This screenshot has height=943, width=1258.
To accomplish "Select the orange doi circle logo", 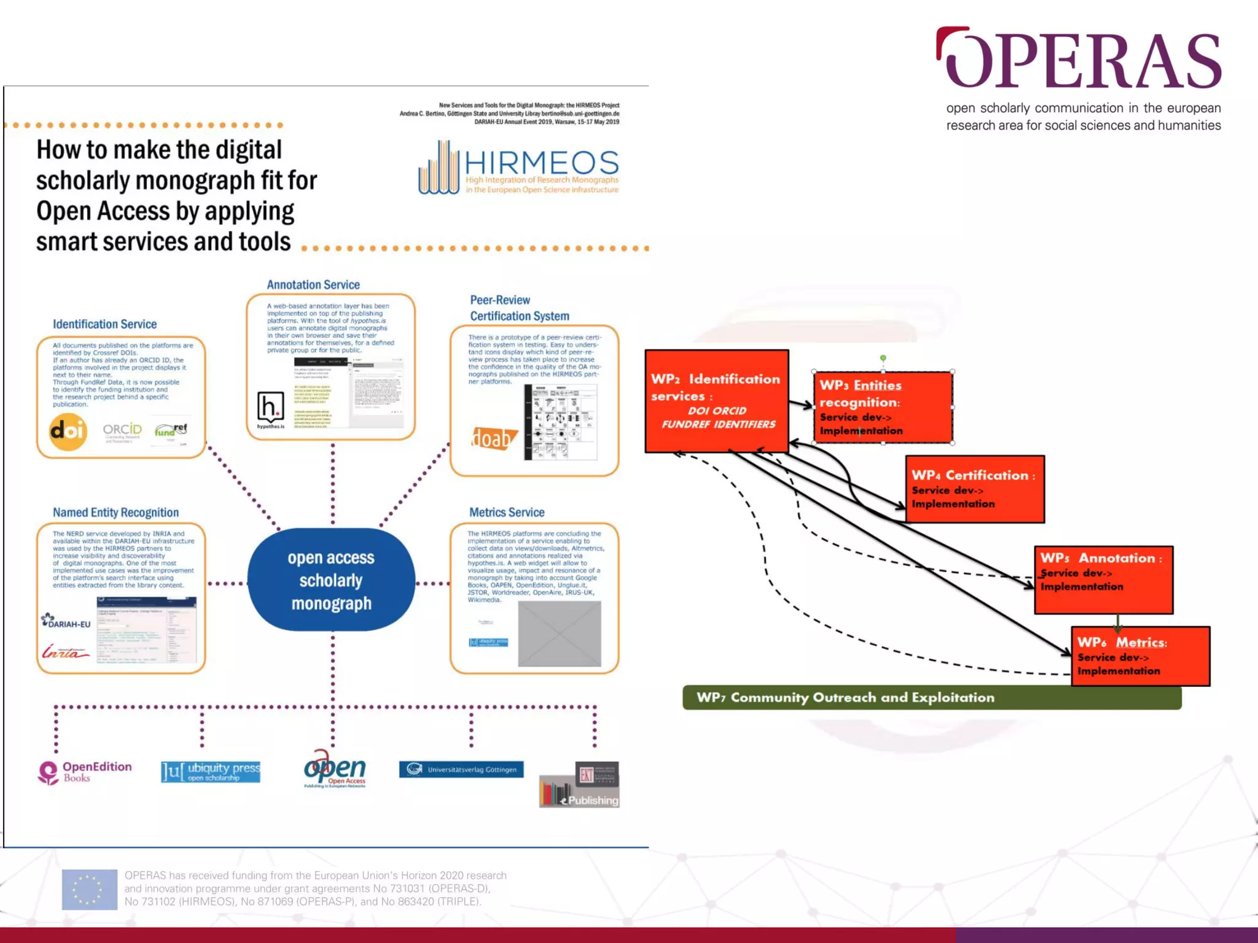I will pyautogui.click(x=68, y=432).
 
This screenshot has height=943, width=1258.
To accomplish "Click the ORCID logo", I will pyautogui.click(x=122, y=430).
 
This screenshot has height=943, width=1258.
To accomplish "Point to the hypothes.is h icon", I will pyautogui.click(x=270, y=408).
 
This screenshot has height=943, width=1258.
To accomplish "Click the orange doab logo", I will pyautogui.click(x=493, y=438).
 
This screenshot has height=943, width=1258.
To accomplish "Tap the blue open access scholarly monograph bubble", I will pyautogui.click(x=331, y=580).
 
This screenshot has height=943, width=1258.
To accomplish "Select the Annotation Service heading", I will pyautogui.click(x=313, y=285).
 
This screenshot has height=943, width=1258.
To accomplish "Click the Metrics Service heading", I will pyautogui.click(x=507, y=512).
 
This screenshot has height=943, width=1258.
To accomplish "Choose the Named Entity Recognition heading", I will pyautogui.click(x=115, y=512).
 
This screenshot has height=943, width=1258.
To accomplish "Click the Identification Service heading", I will pyautogui.click(x=104, y=324).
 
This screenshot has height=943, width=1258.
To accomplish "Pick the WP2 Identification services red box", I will pyautogui.click(x=717, y=401).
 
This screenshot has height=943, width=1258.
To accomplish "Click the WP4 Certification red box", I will pyautogui.click(x=975, y=489).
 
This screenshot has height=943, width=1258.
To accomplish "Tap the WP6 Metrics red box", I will pyautogui.click(x=1140, y=656).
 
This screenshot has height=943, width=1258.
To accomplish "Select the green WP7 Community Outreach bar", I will pyautogui.click(x=932, y=697).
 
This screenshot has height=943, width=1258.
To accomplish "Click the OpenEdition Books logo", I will pyautogui.click(x=85, y=772).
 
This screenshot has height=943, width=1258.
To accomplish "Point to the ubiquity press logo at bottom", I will pyautogui.click(x=211, y=772).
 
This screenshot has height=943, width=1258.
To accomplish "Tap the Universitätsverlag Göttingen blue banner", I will pyautogui.click(x=461, y=769).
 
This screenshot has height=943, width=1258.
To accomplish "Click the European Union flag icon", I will pyautogui.click(x=90, y=889).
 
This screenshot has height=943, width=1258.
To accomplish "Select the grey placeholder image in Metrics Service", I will pyautogui.click(x=559, y=634).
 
